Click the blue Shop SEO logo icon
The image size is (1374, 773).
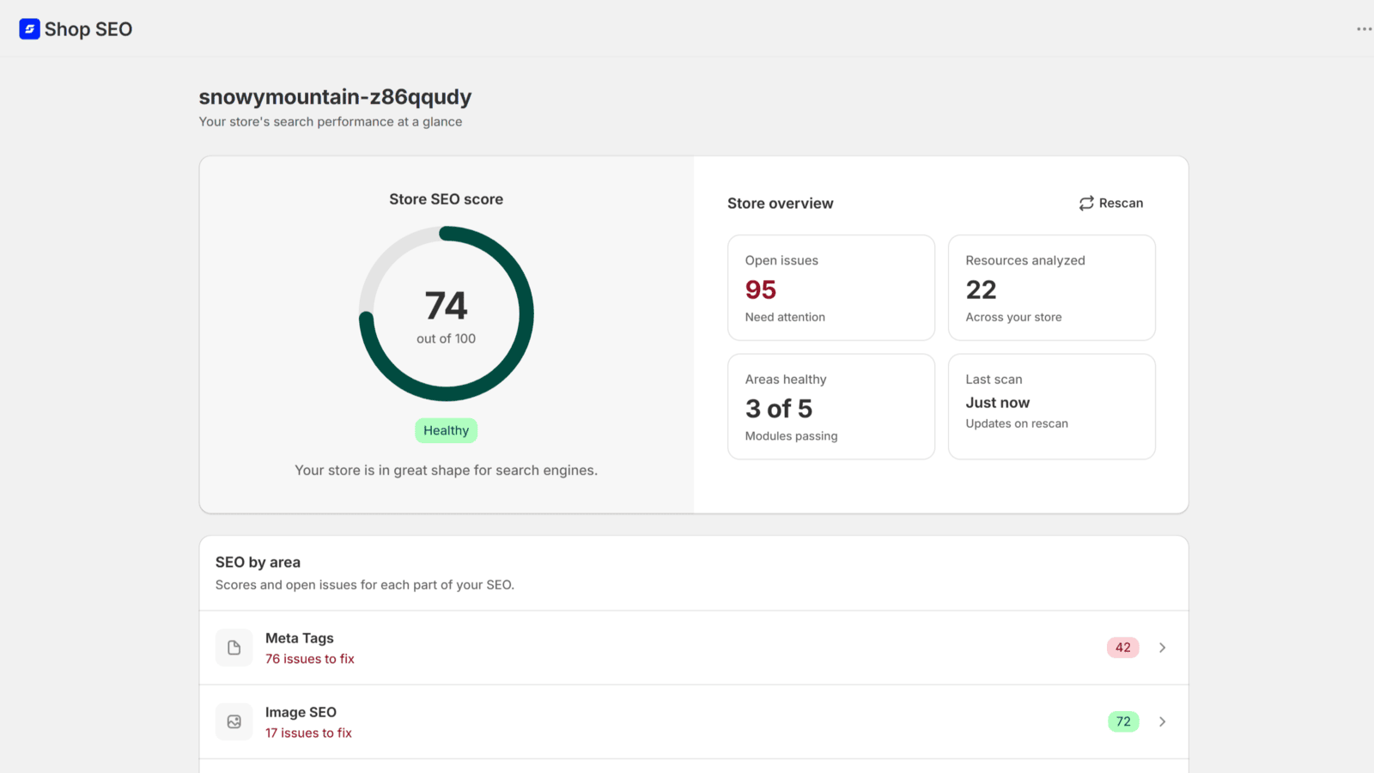[x=29, y=29]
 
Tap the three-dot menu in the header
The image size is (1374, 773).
[x=1365, y=29]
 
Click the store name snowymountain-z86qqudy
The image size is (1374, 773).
[x=335, y=97]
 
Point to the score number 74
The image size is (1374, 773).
[x=446, y=306]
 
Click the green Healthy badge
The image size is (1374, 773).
[x=446, y=430]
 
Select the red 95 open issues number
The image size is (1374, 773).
[x=761, y=289]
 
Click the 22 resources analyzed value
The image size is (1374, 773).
[x=981, y=289]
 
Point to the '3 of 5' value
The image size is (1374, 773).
[x=778, y=409]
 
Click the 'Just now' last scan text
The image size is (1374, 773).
[x=997, y=403]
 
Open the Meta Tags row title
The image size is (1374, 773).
[x=300, y=638]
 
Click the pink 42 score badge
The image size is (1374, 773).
[x=1123, y=648]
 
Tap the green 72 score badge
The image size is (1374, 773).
[x=1123, y=721]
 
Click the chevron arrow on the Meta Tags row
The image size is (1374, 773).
[x=1163, y=648]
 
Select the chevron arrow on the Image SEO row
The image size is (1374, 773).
[x=1163, y=721]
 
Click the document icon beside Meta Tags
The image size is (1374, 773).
[x=234, y=648]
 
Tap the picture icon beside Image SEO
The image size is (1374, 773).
[x=234, y=721]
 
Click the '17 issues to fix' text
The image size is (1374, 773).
[x=308, y=733]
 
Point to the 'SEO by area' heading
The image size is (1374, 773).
[x=258, y=562]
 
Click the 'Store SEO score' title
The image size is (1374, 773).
[x=446, y=199]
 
